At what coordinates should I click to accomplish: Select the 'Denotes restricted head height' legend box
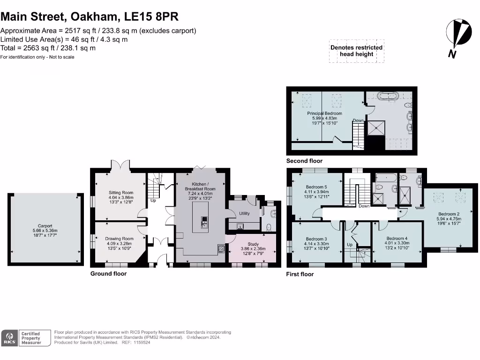(356, 51)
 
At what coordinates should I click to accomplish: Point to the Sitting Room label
(121, 193)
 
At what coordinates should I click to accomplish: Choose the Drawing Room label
(119, 239)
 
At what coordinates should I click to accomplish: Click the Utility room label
(244, 213)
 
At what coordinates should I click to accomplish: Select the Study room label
(253, 244)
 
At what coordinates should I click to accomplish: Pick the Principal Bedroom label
(324, 113)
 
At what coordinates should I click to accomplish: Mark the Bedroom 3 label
(315, 239)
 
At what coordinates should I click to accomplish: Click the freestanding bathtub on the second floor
(387, 97)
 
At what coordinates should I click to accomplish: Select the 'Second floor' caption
(304, 161)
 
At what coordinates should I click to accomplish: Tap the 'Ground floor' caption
(108, 274)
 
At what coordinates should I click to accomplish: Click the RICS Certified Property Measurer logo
(22, 338)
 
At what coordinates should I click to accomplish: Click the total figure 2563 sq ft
(41, 48)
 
